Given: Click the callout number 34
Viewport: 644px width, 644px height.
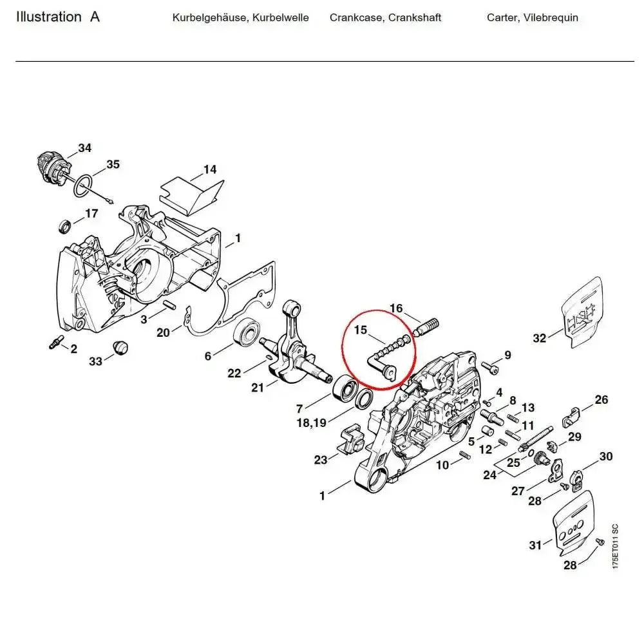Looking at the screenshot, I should click(x=84, y=148).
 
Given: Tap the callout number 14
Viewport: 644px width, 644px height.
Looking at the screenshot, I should click(x=210, y=170).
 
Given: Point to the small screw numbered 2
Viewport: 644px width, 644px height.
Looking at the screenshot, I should click(x=55, y=343).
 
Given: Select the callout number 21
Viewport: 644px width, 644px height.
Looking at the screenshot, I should click(x=258, y=387).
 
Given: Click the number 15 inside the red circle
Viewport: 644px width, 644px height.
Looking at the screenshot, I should click(x=360, y=330).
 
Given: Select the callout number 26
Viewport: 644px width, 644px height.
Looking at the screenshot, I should click(x=601, y=400).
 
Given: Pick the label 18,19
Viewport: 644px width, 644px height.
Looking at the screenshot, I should click(x=310, y=422).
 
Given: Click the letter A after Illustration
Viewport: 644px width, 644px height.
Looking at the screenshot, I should click(x=95, y=17).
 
